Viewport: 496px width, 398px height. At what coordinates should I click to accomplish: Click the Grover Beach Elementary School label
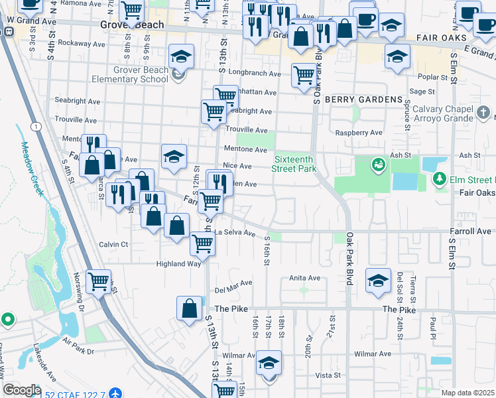click(x=135, y=75)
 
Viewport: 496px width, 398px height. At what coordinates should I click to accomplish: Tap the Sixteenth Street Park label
click(x=295, y=164)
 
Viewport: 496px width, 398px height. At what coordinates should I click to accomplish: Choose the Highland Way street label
click(x=178, y=263)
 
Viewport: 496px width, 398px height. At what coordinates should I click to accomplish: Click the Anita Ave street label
click(x=305, y=278)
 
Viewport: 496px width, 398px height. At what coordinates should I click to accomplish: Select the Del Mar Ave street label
click(x=234, y=285)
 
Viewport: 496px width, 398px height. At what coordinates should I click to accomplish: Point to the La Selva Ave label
click(x=235, y=233)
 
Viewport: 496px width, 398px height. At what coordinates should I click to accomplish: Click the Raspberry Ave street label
click(x=359, y=133)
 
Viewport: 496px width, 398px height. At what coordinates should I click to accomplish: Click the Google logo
click(x=22, y=390)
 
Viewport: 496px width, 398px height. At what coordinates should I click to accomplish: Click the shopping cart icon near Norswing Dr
click(x=99, y=281)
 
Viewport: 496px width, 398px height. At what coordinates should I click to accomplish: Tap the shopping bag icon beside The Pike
click(x=189, y=307)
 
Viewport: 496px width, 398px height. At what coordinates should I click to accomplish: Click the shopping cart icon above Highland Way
click(x=203, y=243)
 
